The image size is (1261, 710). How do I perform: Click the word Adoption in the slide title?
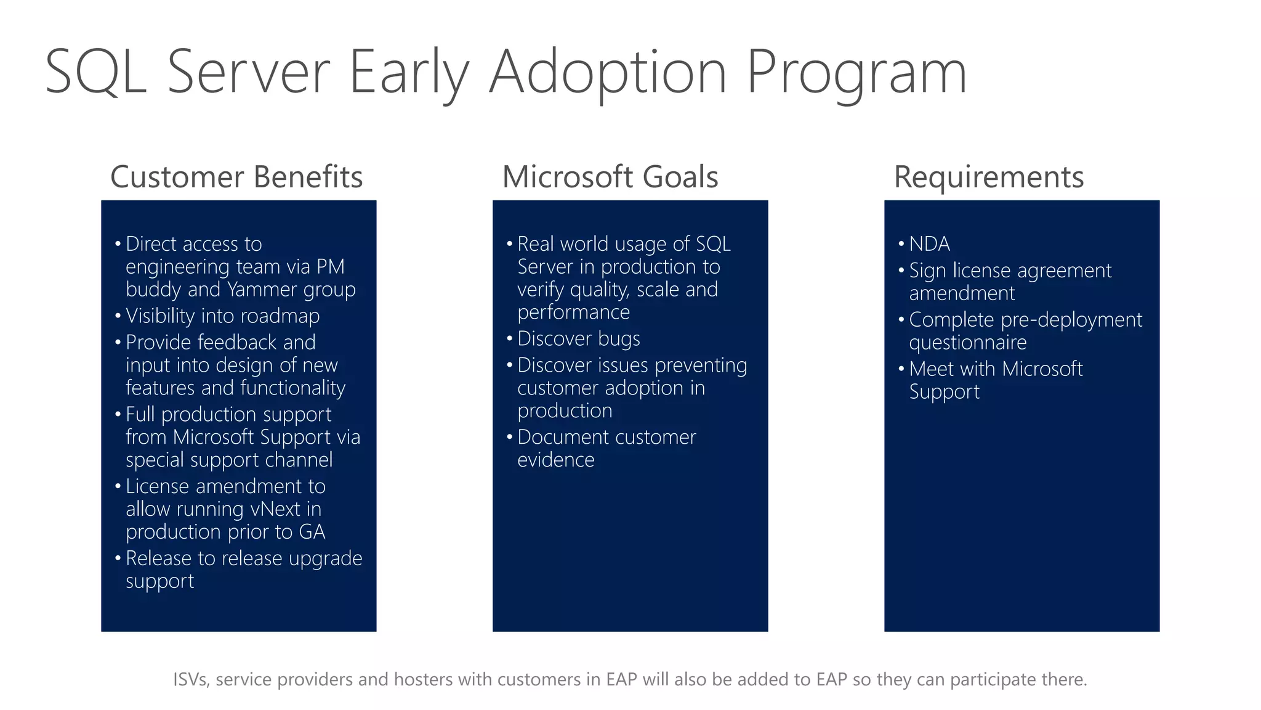coord(608,73)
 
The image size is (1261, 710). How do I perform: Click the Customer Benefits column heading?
coord(236,177)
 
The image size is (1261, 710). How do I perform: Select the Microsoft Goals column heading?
coord(610,177)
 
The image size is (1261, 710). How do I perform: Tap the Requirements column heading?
coord(988,177)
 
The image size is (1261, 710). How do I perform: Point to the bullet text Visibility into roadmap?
coord(222,316)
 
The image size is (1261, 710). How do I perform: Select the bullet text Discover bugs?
coord(578,338)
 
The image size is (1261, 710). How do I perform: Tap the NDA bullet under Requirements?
coord(929,244)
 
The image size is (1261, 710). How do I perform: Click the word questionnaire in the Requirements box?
coord(967,342)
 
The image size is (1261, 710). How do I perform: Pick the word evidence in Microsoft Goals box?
coord(555,460)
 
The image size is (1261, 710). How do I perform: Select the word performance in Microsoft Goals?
coord(573,312)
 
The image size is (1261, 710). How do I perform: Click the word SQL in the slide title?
coord(95,73)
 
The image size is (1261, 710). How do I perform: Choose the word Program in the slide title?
coord(856,73)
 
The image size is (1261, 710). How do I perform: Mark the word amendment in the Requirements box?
coord(962,293)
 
